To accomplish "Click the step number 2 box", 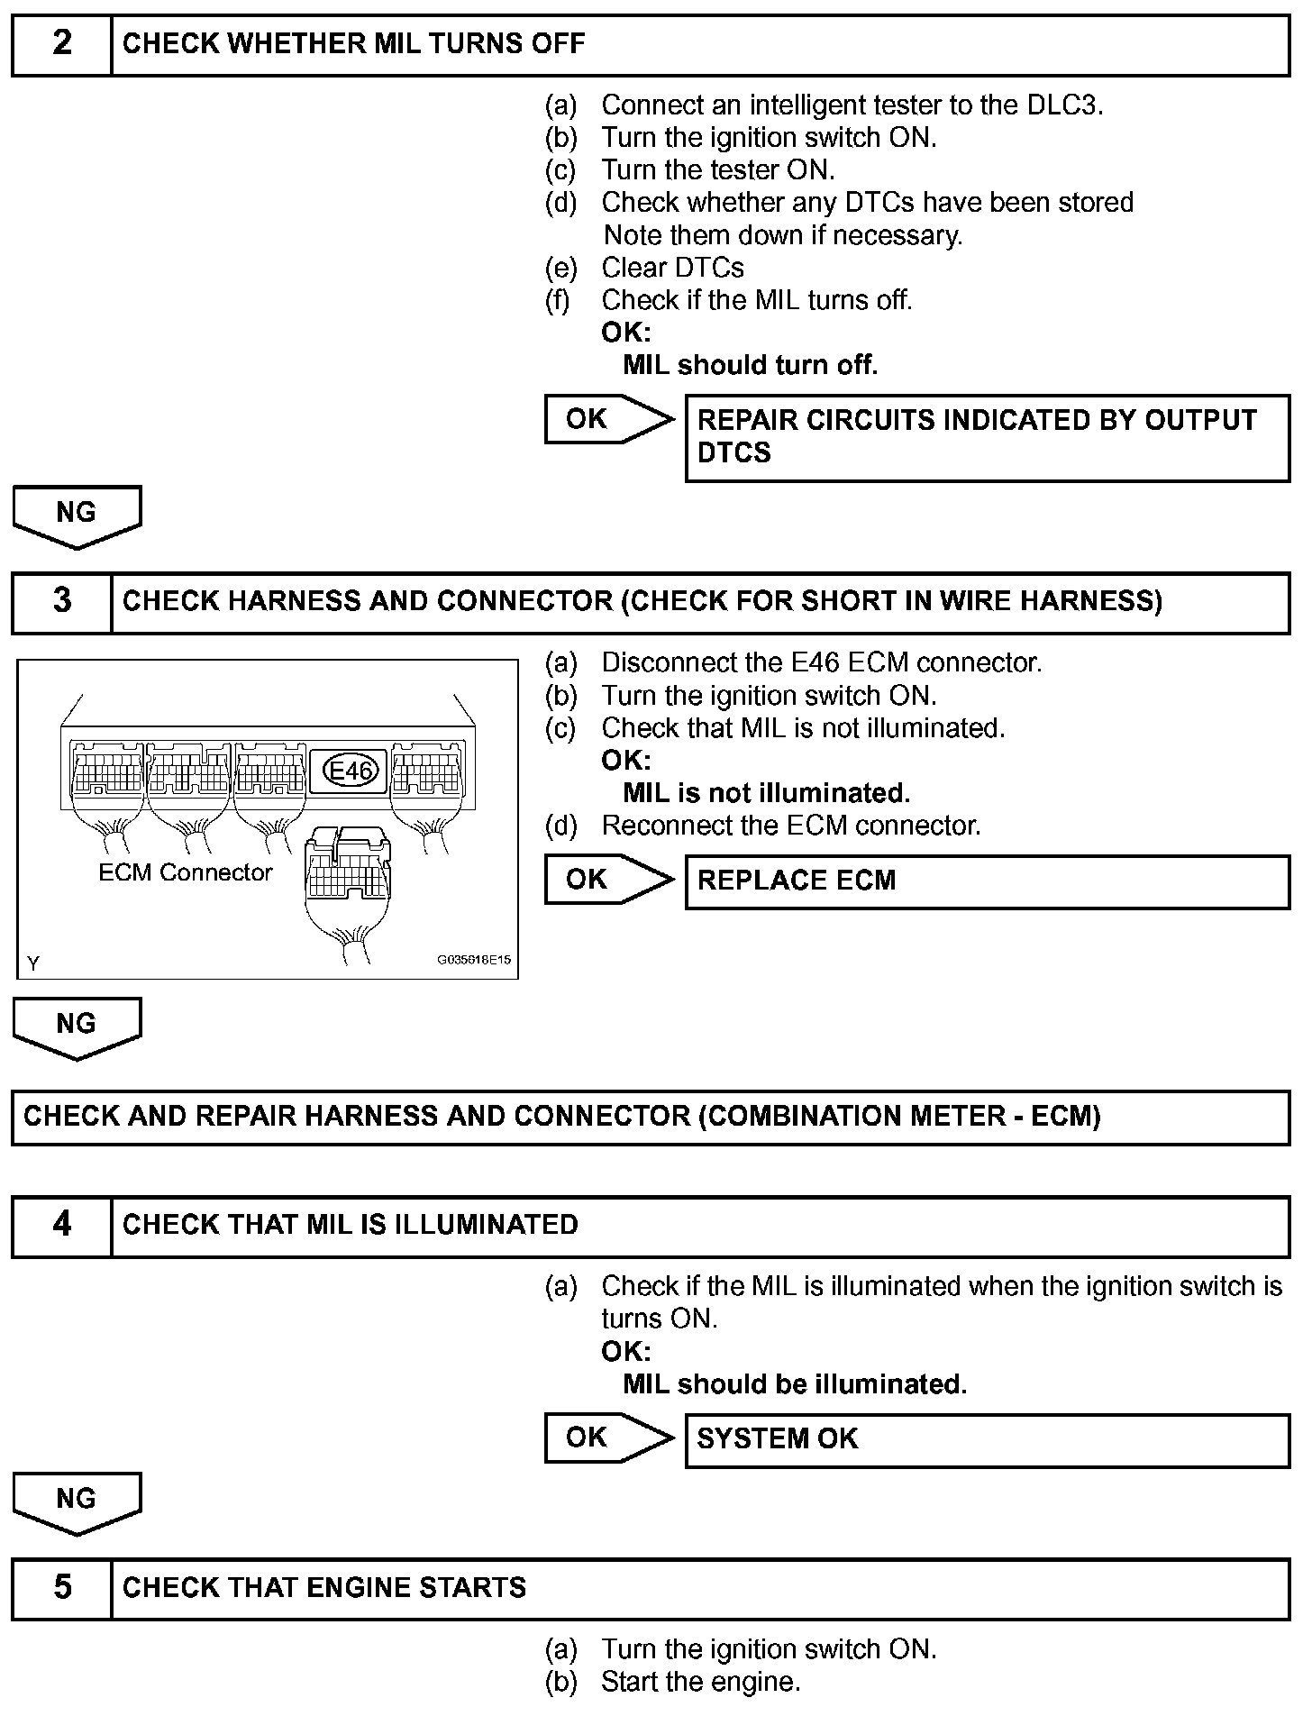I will click(x=61, y=44).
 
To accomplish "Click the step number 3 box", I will click(x=61, y=601).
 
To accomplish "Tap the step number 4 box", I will click(x=61, y=1225).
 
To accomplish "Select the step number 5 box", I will click(x=61, y=1587).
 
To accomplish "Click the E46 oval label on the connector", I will click(x=351, y=771).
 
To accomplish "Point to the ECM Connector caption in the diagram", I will click(x=185, y=872).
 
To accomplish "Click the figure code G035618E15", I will click(x=474, y=960).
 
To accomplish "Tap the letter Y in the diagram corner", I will click(x=33, y=963).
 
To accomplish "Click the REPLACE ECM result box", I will click(x=987, y=881).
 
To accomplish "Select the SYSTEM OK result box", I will click(x=987, y=1439).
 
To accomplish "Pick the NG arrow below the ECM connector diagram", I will click(x=77, y=1027).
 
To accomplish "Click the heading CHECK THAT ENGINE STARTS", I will click(x=324, y=1587).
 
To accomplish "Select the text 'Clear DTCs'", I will click(x=672, y=268).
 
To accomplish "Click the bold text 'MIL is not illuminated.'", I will click(x=767, y=793).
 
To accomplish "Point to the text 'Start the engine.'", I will click(x=701, y=1682).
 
